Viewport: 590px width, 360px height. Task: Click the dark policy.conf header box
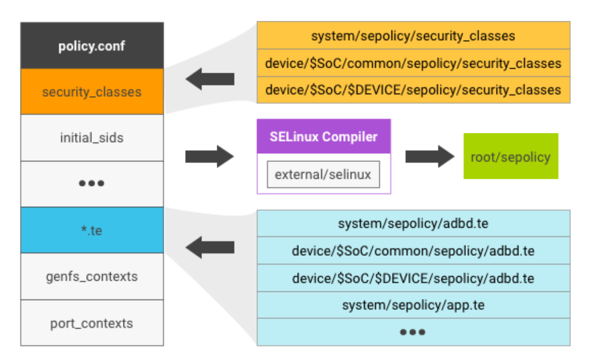[x=92, y=46]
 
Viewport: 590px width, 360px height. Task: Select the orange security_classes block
[x=92, y=91]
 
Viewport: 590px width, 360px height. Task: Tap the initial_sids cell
[x=92, y=138]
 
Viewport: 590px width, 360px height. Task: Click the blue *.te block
[x=92, y=230]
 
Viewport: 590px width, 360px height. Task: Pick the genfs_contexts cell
[x=92, y=276]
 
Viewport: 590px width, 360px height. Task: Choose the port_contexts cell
[x=92, y=323]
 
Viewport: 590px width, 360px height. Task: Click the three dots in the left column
[x=92, y=183]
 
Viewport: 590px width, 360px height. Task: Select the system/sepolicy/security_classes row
[x=413, y=36]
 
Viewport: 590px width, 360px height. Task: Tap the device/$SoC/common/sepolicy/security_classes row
[x=413, y=63]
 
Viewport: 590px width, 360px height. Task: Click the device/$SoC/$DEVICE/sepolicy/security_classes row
[x=413, y=90]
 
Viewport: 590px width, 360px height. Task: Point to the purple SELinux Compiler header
[x=323, y=137]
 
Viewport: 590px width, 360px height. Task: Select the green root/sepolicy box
[x=510, y=156]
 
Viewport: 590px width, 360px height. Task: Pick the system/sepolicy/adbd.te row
[x=413, y=224]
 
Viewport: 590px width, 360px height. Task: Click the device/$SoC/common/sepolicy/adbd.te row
[x=413, y=251]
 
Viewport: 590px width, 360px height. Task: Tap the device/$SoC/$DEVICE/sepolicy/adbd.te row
[x=413, y=278]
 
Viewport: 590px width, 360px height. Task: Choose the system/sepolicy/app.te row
[x=413, y=305]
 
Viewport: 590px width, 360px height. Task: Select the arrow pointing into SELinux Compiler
[x=210, y=156]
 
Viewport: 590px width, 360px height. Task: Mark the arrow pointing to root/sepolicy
[x=430, y=156]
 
